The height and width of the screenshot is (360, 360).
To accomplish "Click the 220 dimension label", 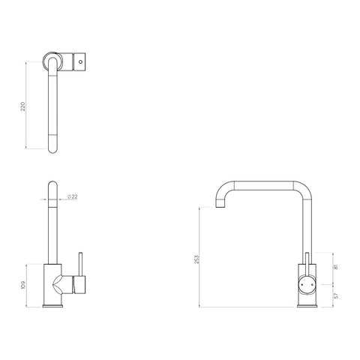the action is pyautogui.click(x=23, y=106).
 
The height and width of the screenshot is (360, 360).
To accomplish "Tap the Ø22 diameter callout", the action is pyautogui.click(x=73, y=196).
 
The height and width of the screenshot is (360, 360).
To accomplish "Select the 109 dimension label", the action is pyautogui.click(x=23, y=285).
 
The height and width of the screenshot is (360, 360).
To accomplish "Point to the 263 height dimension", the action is pyautogui.click(x=197, y=259).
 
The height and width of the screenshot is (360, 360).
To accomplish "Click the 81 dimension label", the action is pyautogui.click(x=336, y=267).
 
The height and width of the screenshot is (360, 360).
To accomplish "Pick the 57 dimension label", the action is pyautogui.click(x=336, y=295).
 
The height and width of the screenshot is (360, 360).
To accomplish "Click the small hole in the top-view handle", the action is pyautogui.click(x=80, y=61).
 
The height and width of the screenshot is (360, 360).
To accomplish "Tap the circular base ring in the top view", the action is pyautogui.click(x=52, y=61).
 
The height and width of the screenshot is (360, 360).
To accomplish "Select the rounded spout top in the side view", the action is pyautogui.click(x=52, y=185).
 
